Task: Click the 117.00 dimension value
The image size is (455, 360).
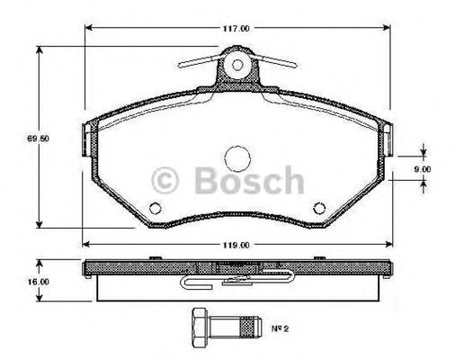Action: (x=236, y=28)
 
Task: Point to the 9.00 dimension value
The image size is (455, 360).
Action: (x=424, y=167)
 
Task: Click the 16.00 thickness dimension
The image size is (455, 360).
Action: (x=17, y=281)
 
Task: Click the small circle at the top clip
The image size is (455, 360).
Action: (x=237, y=64)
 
